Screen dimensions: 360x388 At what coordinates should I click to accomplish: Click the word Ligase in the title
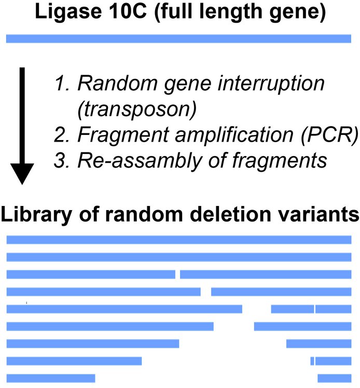click(68, 12)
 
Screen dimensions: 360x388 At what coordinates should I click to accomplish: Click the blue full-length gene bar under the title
click(178, 38)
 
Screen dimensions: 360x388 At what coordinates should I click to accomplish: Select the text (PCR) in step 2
click(330, 135)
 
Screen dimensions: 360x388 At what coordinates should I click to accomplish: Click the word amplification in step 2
click(234, 135)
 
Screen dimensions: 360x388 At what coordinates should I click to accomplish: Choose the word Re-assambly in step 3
click(140, 161)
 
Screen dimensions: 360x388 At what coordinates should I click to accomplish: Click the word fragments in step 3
click(280, 161)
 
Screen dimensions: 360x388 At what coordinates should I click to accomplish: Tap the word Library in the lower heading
click(36, 215)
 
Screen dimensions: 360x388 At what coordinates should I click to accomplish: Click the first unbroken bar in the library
click(179, 240)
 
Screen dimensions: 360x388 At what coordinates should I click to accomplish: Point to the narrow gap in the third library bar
click(177, 274)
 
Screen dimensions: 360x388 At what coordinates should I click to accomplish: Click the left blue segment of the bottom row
click(51, 378)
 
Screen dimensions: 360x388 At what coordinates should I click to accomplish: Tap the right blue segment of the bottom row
click(335, 378)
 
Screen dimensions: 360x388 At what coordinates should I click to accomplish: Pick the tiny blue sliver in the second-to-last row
click(312, 361)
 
